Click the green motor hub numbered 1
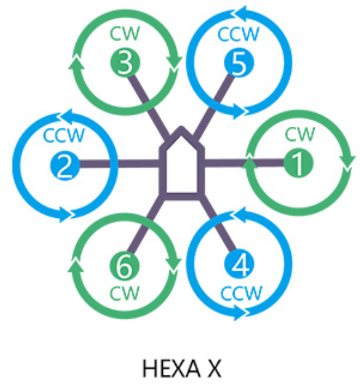pos(298,163)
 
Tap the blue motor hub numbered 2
pos(65,164)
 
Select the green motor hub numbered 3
pos(125,62)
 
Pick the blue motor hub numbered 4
pos(239,264)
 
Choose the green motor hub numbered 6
pos(125,266)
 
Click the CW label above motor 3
pos(125,34)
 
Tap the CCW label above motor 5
pos(238,34)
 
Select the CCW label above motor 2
pos(64,135)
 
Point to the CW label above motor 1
pos(299,134)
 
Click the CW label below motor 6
pos(125,293)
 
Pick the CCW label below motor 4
pos(242,293)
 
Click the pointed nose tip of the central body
pos(181,127)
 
